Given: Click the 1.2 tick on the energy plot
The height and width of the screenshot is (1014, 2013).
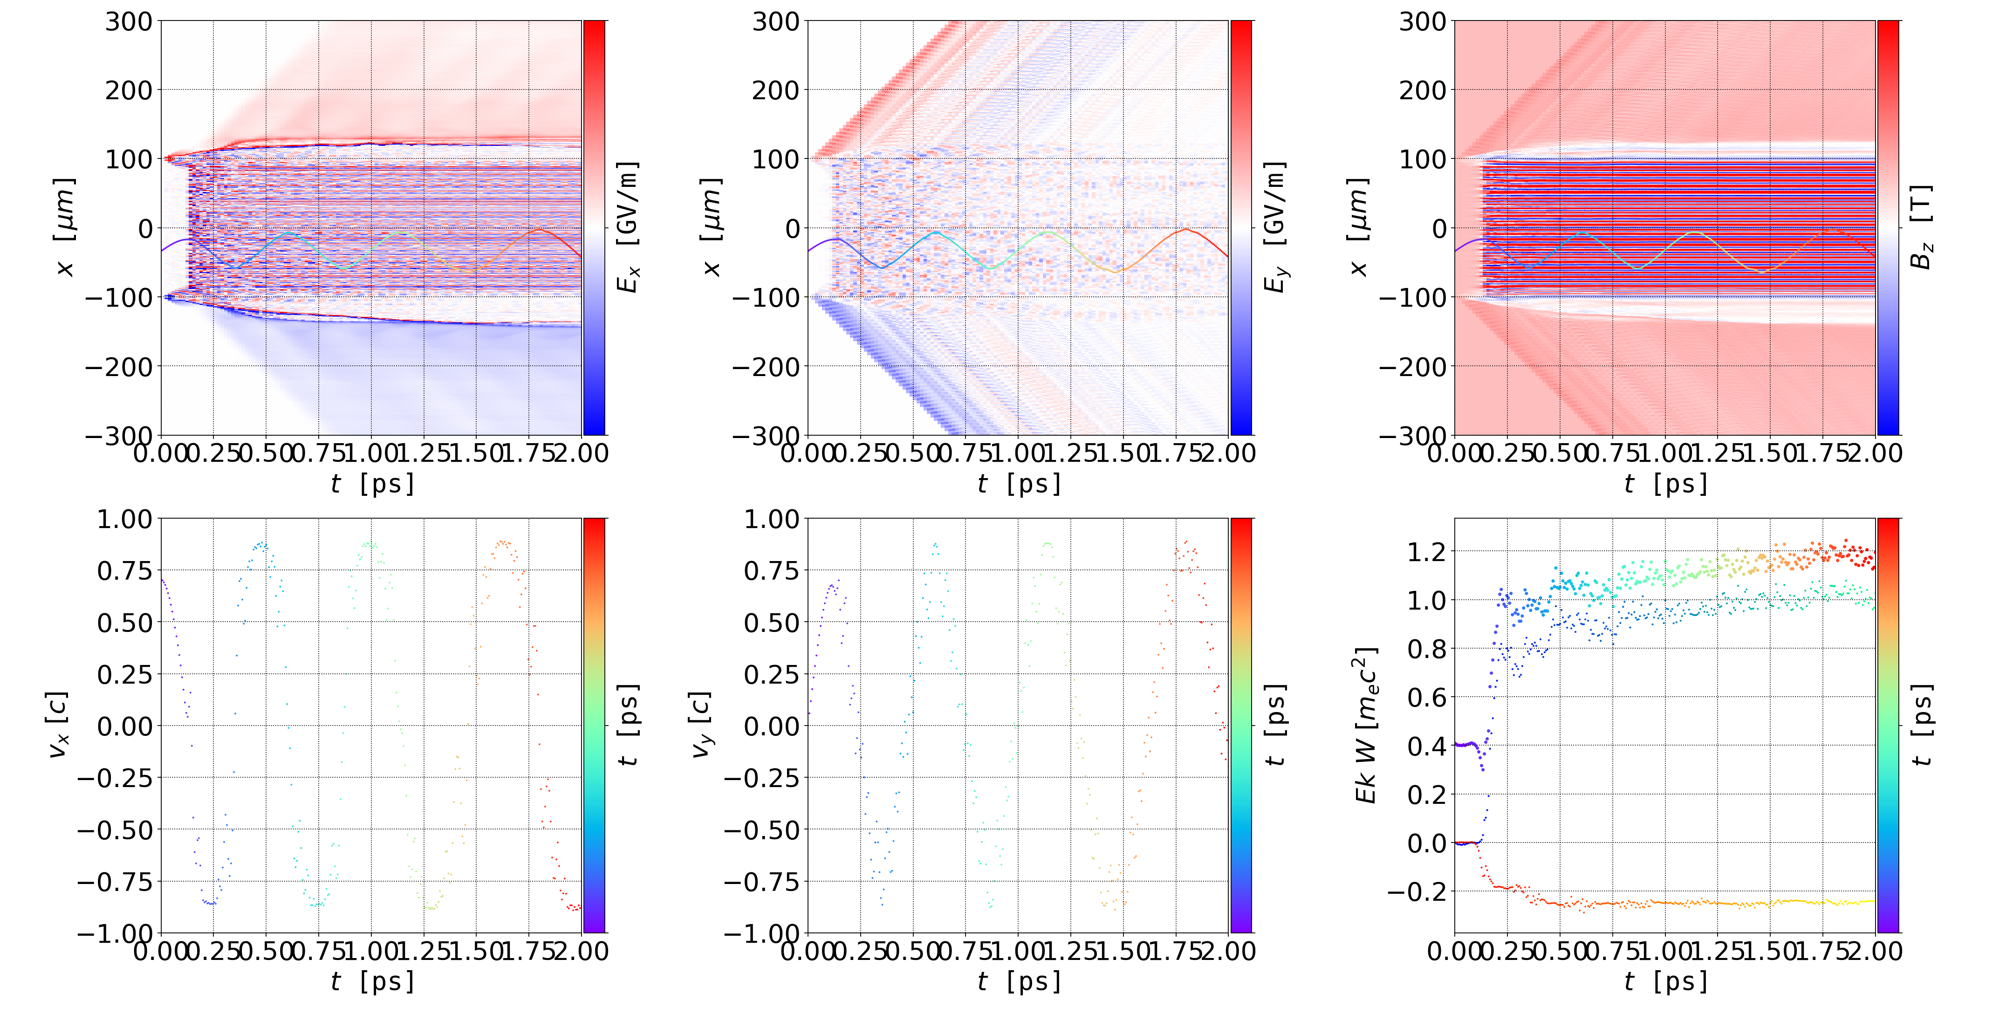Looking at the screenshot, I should [1426, 552].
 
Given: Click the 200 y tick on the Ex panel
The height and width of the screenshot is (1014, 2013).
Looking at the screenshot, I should [129, 90].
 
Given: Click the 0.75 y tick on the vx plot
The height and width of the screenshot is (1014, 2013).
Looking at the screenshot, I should [124, 570].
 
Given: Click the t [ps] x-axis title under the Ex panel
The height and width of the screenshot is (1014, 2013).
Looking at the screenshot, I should [372, 484].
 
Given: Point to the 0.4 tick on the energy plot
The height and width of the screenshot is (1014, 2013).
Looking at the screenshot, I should [1426, 746].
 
